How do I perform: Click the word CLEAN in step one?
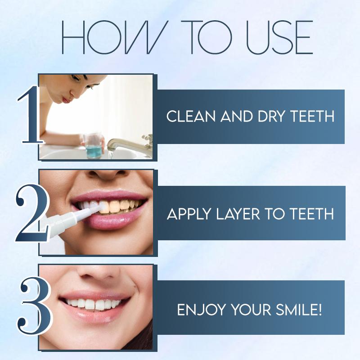[x=186, y=117]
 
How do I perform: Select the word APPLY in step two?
[x=186, y=213]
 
